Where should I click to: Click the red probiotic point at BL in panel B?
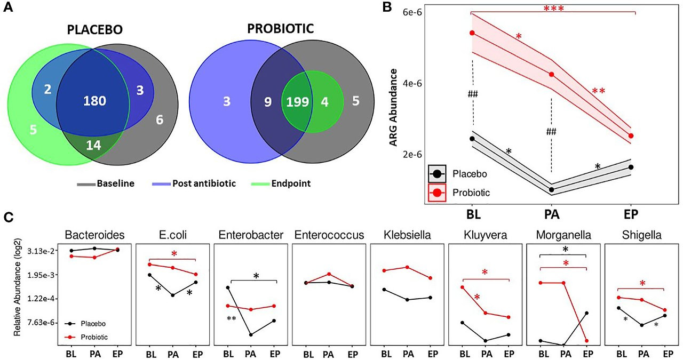(472, 33)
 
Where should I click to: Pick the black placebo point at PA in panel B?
(551, 189)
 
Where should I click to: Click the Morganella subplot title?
(565, 235)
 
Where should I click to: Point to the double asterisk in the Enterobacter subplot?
(232, 319)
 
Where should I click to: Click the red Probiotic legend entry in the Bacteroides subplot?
(94, 337)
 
